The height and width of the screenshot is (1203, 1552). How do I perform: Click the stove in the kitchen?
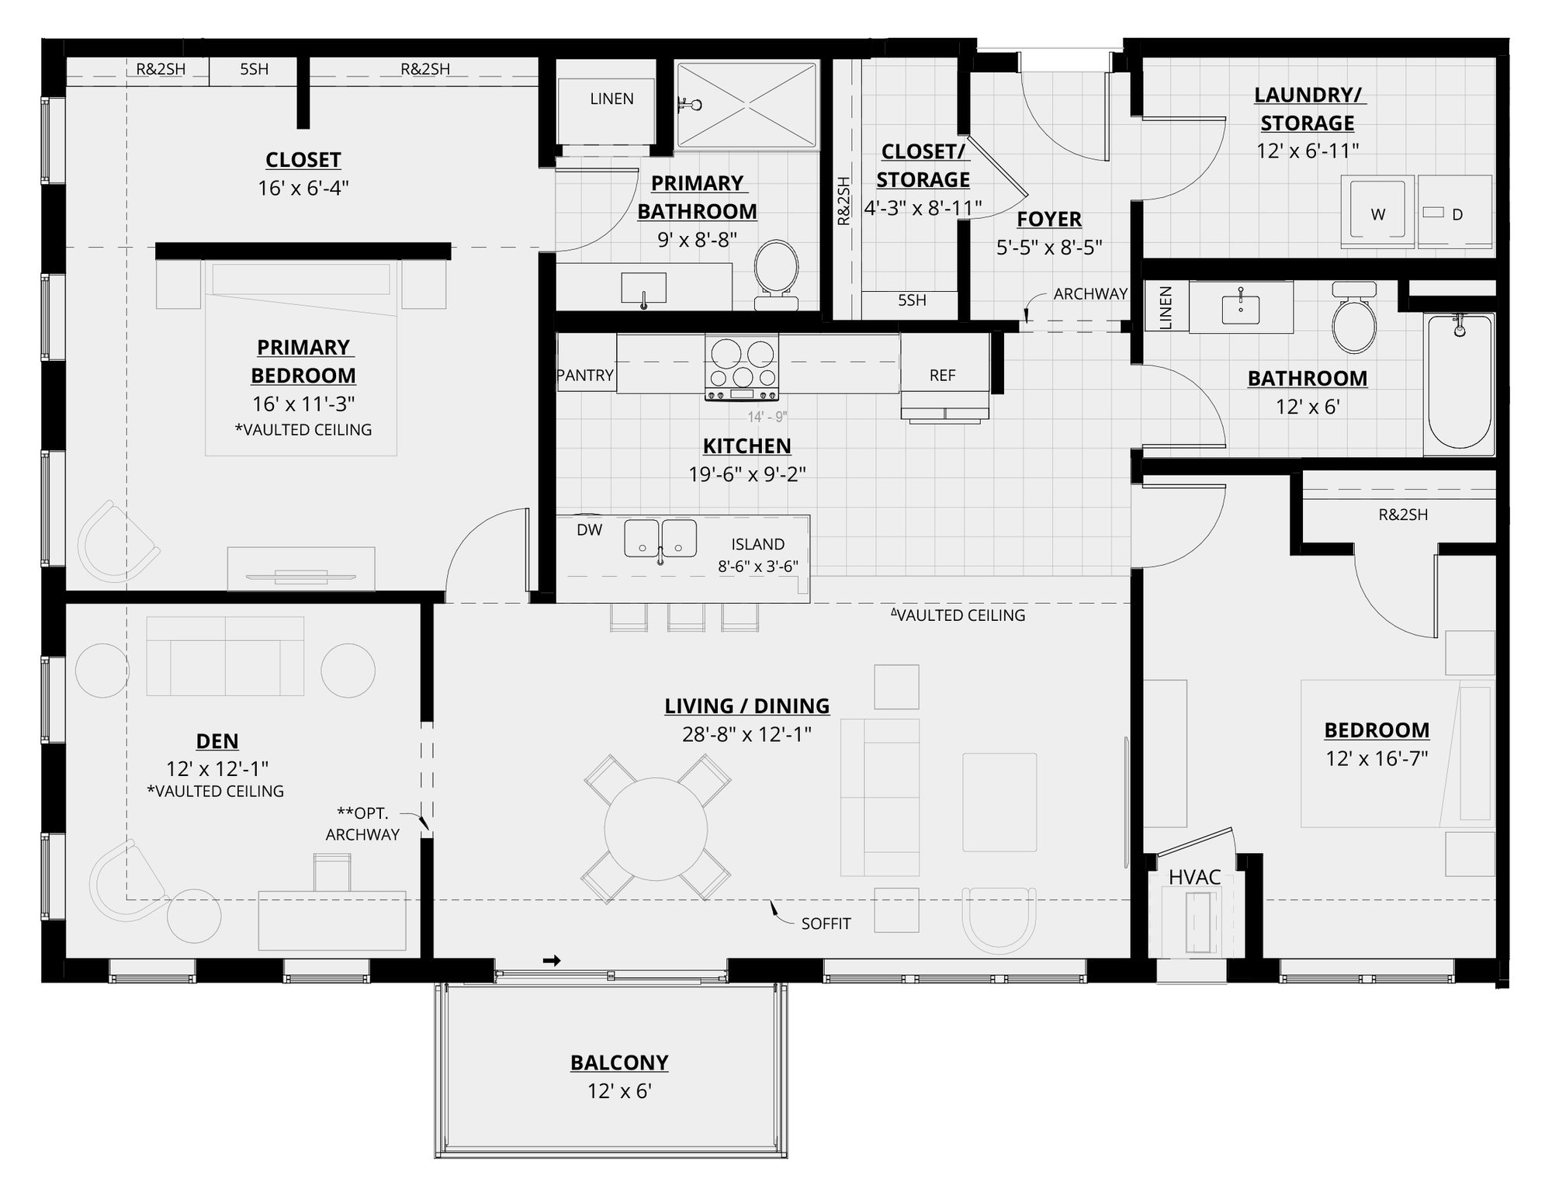point(741,366)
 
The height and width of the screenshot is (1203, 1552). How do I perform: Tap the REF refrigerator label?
point(942,376)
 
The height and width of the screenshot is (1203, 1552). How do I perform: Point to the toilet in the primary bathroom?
point(777,272)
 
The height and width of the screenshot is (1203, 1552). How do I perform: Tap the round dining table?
point(656,828)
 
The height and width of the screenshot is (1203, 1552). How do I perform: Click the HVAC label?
point(1195,877)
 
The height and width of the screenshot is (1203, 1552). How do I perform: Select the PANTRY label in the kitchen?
point(585,376)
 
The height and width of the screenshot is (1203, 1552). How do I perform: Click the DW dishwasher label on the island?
point(590,530)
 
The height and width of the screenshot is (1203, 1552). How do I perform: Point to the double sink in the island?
point(660,538)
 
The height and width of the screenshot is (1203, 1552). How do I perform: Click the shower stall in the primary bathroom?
point(747,105)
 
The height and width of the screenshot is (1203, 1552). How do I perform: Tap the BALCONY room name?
point(619,1063)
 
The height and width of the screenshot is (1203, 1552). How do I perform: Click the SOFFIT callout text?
point(826,924)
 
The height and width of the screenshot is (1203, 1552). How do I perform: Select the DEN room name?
point(217,741)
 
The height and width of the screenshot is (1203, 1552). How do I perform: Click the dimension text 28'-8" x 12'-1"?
point(747,734)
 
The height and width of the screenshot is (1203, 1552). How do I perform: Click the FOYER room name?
point(1049,219)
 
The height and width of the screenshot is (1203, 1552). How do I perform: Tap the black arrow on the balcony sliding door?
point(552,961)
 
